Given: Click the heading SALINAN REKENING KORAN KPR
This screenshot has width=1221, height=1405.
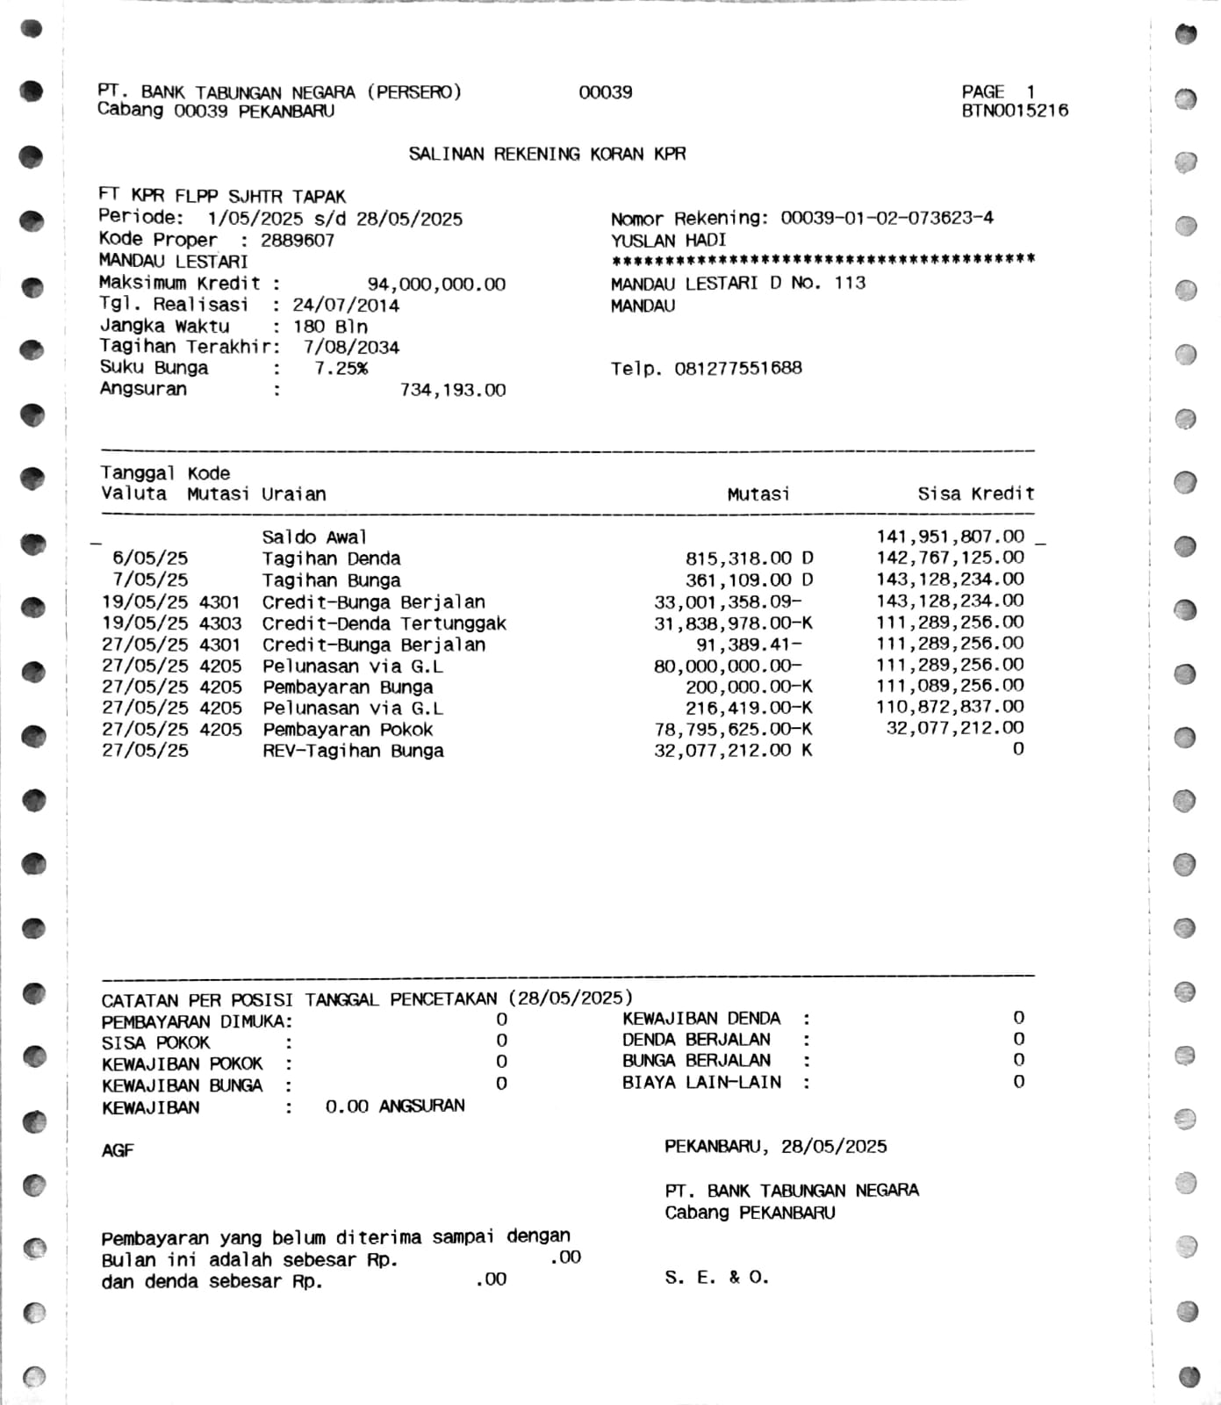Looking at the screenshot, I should [547, 155].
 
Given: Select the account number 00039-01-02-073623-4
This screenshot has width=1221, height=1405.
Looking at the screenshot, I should [887, 218].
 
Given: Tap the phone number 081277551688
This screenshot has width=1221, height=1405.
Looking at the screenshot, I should [737, 369].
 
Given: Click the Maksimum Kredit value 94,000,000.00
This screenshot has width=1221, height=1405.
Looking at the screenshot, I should [436, 285].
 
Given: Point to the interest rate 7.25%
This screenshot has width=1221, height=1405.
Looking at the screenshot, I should [341, 369].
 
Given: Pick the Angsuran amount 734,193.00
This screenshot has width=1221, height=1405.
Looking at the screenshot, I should [452, 390].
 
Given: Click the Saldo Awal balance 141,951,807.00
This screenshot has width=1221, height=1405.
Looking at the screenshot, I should [950, 537].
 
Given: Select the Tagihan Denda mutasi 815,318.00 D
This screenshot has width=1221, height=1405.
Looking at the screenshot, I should [749, 558].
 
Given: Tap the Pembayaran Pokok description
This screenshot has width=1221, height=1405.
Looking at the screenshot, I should [348, 730].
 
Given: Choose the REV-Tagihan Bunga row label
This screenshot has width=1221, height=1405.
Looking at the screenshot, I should [353, 751].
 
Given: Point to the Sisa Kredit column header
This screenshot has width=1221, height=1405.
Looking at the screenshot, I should [976, 494].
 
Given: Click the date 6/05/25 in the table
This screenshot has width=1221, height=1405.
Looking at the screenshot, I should [149, 558].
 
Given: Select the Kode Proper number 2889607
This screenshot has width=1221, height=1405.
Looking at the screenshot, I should [298, 241].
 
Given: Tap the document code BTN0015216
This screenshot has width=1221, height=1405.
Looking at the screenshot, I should [1015, 111].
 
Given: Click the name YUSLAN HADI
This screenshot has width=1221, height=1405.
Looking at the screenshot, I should [668, 241].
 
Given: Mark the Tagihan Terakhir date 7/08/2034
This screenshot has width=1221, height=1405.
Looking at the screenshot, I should [351, 348].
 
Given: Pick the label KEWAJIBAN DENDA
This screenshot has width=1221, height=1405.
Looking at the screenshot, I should [701, 1019].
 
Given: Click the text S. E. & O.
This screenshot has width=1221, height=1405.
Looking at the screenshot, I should [716, 1278].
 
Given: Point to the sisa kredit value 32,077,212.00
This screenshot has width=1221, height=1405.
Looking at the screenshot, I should [954, 728].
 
